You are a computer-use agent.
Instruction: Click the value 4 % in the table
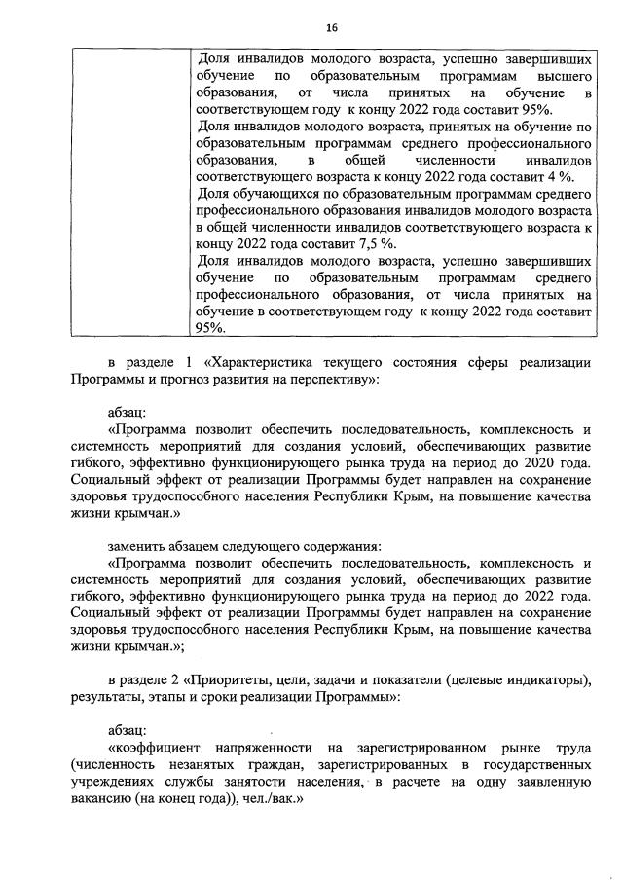560,175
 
